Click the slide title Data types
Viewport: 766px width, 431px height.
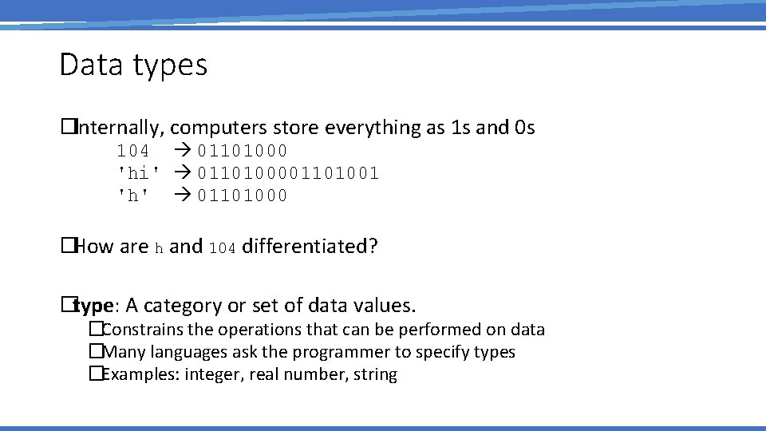[x=133, y=65]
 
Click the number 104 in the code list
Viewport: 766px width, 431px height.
[x=132, y=151]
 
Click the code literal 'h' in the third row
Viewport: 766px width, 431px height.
[x=133, y=196]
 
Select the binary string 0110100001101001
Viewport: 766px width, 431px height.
[x=288, y=173]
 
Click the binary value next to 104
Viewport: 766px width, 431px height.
[x=243, y=151]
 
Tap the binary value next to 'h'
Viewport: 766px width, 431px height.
[x=243, y=196]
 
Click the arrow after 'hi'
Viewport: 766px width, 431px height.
[x=183, y=173]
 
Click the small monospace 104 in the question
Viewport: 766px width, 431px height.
[x=222, y=248]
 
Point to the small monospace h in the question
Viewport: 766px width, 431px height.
[x=159, y=248]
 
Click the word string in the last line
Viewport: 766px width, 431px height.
[x=375, y=374]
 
